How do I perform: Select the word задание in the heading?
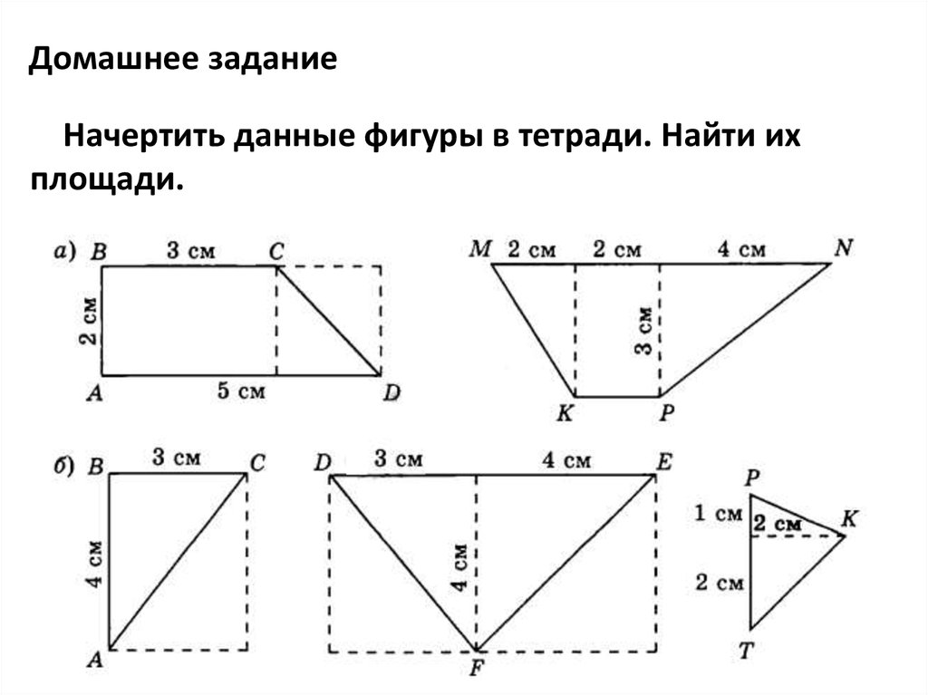[275, 61]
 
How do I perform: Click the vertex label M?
[479, 249]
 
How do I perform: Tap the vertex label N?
[844, 247]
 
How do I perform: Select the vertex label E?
[663, 461]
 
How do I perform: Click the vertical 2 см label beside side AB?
[86, 322]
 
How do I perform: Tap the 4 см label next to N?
[744, 248]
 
